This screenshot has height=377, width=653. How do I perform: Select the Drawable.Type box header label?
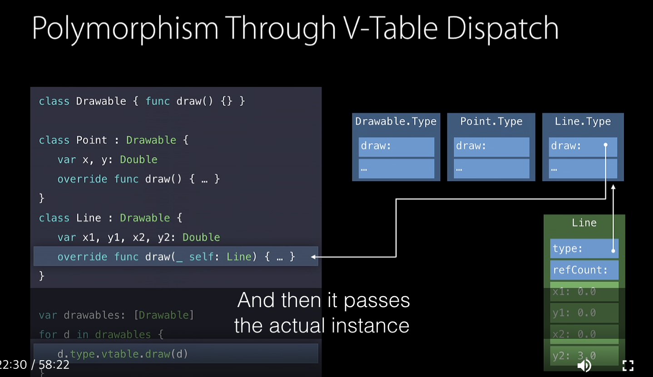(396, 122)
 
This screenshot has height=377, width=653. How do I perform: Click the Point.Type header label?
(491, 122)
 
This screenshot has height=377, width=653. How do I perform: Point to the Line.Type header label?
(583, 122)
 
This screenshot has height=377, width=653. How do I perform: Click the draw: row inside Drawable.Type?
(396, 146)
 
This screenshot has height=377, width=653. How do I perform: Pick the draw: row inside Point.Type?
(491, 146)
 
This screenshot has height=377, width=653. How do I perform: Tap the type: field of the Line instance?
(584, 249)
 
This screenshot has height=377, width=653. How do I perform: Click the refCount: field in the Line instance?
(584, 270)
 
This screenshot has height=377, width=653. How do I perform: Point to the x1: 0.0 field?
(584, 292)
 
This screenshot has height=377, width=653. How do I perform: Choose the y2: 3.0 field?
(584, 356)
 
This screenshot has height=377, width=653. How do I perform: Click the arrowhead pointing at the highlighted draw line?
(313, 257)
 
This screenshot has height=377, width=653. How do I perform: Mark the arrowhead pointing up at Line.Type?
(613, 187)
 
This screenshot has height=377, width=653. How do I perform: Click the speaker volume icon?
(584, 365)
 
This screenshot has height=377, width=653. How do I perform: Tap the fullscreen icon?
(628, 365)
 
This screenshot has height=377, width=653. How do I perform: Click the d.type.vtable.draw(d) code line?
(123, 354)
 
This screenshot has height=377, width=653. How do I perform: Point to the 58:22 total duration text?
(54, 365)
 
